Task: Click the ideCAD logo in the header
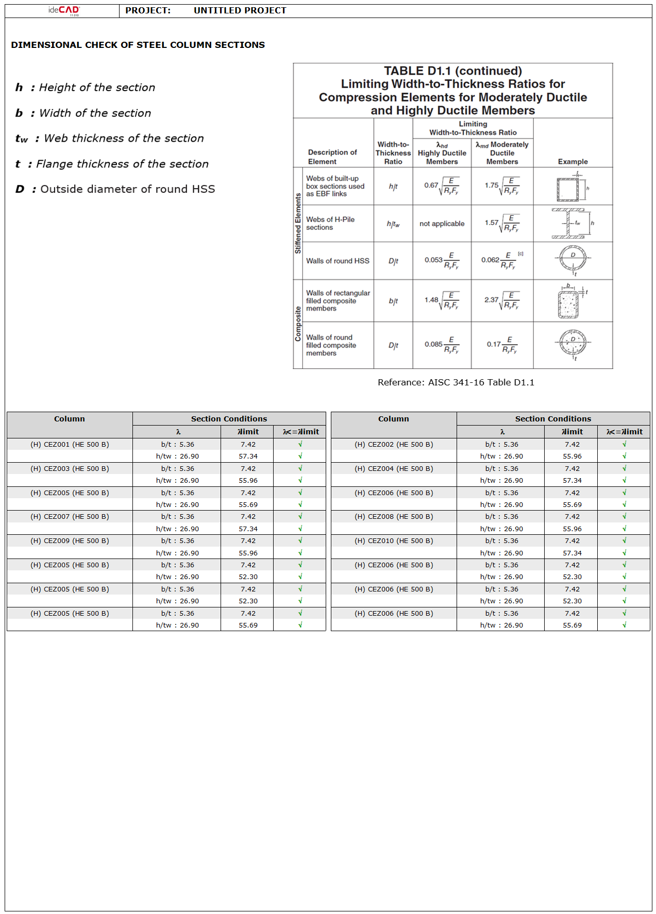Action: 64,10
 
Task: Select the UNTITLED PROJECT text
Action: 240,10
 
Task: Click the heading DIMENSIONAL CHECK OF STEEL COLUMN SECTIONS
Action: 138,45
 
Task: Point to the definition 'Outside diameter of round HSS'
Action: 127,189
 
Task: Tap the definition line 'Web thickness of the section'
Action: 124,138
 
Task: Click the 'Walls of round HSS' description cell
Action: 338,261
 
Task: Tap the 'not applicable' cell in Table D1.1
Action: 442,224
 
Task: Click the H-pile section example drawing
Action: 570,224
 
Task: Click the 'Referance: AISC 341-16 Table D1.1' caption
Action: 456,382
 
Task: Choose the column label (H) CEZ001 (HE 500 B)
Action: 70,444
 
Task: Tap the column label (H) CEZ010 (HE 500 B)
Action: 394,540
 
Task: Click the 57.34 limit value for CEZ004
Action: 572,480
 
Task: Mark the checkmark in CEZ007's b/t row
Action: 300,516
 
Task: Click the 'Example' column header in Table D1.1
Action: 573,161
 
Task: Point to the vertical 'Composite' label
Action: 298,324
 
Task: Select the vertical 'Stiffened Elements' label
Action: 298,223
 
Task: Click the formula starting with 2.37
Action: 501,301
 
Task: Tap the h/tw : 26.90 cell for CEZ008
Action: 501,529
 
